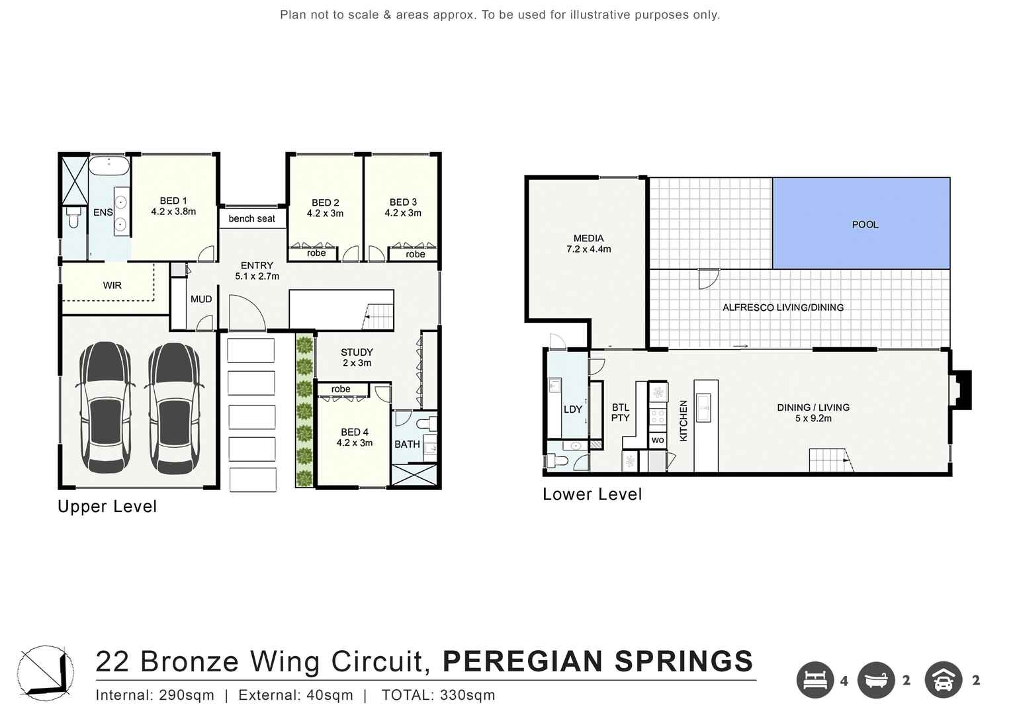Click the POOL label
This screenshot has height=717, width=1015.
click(865, 225)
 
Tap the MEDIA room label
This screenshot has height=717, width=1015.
click(588, 243)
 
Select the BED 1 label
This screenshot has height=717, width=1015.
click(173, 206)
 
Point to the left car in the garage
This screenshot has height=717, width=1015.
click(105, 407)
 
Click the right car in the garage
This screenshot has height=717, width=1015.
click(173, 407)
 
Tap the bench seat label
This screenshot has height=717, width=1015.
click(251, 219)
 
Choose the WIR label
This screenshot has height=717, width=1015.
click(112, 286)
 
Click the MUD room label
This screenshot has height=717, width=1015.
click(201, 300)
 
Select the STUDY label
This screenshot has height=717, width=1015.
click(357, 357)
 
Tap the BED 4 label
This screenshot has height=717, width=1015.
click(355, 437)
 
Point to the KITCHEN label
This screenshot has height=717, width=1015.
click(684, 421)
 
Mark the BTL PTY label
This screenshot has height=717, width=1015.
click(620, 413)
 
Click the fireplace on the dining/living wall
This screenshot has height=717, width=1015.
click(961, 390)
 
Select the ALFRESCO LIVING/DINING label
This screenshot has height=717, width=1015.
click(783, 308)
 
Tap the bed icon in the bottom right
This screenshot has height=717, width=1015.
click(815, 680)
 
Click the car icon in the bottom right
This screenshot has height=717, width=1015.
click(943, 680)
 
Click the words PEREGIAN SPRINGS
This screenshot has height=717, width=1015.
click(597, 661)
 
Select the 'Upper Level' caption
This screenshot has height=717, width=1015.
click(107, 507)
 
